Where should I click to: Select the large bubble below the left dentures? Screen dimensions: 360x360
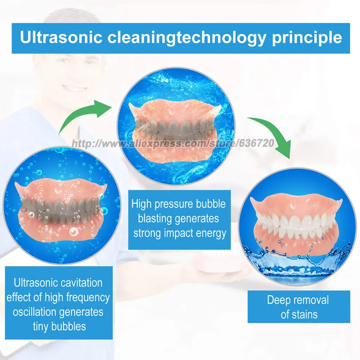[x=73, y=232]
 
